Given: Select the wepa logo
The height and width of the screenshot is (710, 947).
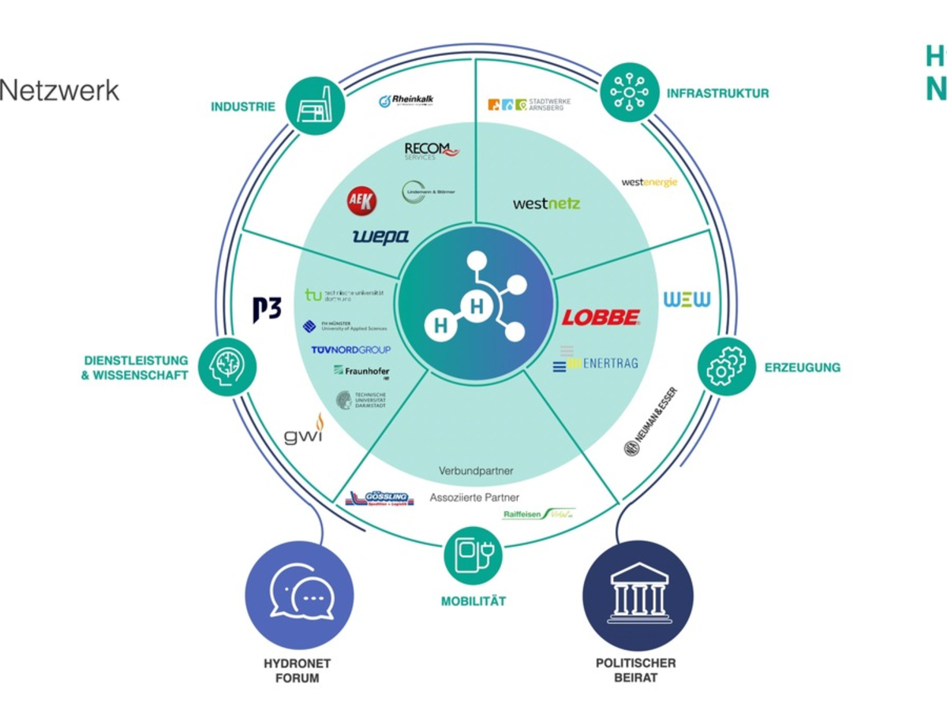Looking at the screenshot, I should [x=380, y=236].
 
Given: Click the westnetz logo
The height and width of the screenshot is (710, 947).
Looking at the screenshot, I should [x=546, y=204].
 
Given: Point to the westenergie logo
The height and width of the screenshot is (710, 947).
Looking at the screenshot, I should [x=649, y=182].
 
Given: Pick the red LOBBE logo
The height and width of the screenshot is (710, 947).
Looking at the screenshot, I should [x=601, y=317].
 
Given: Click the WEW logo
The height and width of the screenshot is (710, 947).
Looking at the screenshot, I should [x=687, y=300].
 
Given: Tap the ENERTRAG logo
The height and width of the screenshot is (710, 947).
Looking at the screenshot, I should [x=595, y=362].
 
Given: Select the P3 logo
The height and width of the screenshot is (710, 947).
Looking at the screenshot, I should [x=267, y=309].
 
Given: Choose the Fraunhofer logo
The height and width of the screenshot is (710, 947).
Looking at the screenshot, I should [x=361, y=371].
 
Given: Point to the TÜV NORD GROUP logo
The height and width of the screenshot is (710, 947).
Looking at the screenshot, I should [x=350, y=349].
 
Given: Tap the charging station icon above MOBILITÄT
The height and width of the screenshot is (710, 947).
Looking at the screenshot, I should [x=473, y=555].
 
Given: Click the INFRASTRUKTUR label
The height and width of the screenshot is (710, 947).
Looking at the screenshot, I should [x=717, y=93].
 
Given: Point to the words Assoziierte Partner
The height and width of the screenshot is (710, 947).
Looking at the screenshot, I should [x=474, y=498].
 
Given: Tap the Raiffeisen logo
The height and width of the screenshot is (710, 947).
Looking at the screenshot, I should [x=539, y=514].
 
